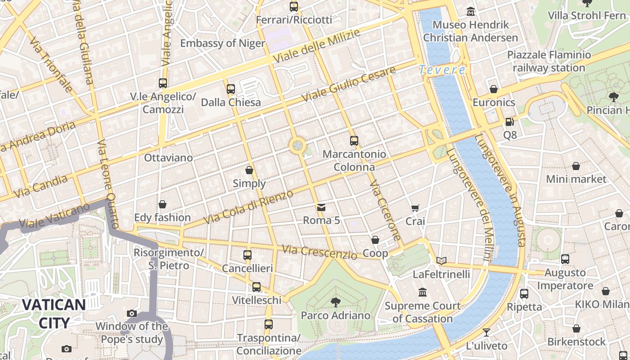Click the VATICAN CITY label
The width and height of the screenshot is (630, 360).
[x=54, y=314]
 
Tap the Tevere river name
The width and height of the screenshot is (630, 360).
[x=442, y=70]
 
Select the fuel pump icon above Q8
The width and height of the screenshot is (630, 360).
[x=509, y=121]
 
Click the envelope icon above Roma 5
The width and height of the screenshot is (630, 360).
[x=321, y=207]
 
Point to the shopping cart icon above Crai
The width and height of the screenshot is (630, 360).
[x=415, y=208]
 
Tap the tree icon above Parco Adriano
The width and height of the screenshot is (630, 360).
[x=335, y=302]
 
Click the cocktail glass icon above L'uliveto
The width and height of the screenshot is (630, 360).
[x=486, y=333]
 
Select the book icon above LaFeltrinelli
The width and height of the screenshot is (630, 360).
[x=441, y=261]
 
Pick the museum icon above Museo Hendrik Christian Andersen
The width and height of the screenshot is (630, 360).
[x=471, y=11]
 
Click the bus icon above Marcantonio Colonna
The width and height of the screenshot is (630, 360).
[x=354, y=141]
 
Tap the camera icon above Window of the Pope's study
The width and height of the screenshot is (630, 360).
[x=132, y=313]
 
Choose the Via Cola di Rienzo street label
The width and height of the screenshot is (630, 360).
[x=248, y=207]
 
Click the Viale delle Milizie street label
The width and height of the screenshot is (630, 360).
[x=317, y=46]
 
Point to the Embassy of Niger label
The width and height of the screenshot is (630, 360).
[x=223, y=43]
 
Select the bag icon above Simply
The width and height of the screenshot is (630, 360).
[x=249, y=170]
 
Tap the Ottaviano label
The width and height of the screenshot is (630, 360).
[x=168, y=157]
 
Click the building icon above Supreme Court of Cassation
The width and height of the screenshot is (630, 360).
[x=423, y=292]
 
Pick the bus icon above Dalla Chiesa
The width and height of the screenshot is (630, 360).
[x=231, y=89]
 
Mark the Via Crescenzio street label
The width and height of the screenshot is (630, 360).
[x=319, y=252]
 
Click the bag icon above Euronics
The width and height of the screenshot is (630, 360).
[x=494, y=89]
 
